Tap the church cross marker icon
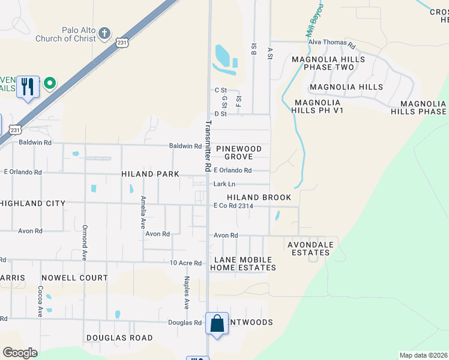pyautogui.click(x=104, y=32)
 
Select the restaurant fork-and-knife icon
pyautogui.click(x=28, y=87)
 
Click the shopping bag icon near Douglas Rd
pyautogui.click(x=217, y=324)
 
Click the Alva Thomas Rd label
pyautogui.click(x=331, y=43)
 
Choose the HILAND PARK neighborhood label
pyautogui.click(x=150, y=174)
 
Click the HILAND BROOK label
pyautogui.click(x=259, y=197)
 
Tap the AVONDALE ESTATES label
pyautogui.click(x=309, y=248)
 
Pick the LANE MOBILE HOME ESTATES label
pyautogui.click(x=243, y=263)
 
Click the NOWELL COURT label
pyautogui.click(x=74, y=278)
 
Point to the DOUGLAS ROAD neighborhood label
pyautogui.click(x=119, y=338)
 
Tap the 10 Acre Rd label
pyautogui.click(x=185, y=263)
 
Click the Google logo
pyautogui.click(x=20, y=353)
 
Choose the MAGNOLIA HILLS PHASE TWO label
pyautogui.click(x=328, y=63)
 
